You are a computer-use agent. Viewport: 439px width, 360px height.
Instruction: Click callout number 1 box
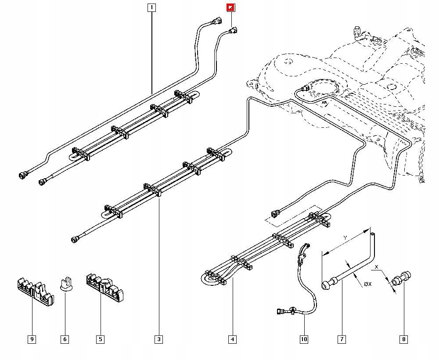pyautogui.click(x=151, y=7)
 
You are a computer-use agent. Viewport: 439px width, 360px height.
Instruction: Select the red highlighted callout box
pyautogui.click(x=230, y=7)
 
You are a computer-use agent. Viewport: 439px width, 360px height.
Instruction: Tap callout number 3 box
pyautogui.click(x=158, y=339)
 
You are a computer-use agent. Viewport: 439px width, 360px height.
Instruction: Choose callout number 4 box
pyautogui.click(x=232, y=339)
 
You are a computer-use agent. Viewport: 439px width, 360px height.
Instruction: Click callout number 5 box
pyautogui.click(x=101, y=339)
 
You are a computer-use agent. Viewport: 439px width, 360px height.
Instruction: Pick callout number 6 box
pyautogui.click(x=65, y=339)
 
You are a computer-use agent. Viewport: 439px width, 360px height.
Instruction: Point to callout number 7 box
pyautogui.click(x=341, y=339)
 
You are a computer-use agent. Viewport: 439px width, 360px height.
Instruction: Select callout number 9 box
pyautogui.click(x=32, y=339)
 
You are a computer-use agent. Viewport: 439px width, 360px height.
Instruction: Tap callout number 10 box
pyautogui.click(x=304, y=339)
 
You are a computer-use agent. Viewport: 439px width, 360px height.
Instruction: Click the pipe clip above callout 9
pyautogui.click(x=35, y=290)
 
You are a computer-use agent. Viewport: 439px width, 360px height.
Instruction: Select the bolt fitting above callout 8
pyautogui.click(x=402, y=280)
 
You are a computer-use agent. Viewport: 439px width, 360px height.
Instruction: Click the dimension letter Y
pyautogui.click(x=345, y=238)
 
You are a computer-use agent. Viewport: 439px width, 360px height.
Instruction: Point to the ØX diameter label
pyautogui.click(x=367, y=284)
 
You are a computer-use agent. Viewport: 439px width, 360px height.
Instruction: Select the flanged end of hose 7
pyautogui.click(x=327, y=285)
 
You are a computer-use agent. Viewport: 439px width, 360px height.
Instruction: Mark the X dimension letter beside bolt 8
pyautogui.click(x=376, y=266)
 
